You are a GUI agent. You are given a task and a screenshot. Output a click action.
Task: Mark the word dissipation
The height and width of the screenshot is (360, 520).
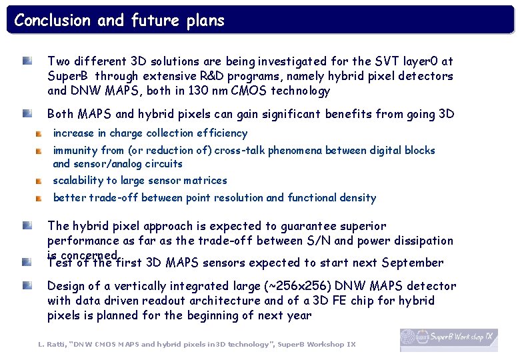click(x=421, y=241)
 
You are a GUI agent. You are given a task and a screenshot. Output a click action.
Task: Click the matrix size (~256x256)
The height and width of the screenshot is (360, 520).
click(x=253, y=286)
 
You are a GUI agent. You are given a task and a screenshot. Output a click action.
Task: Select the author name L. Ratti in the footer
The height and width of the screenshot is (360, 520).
click(x=51, y=344)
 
